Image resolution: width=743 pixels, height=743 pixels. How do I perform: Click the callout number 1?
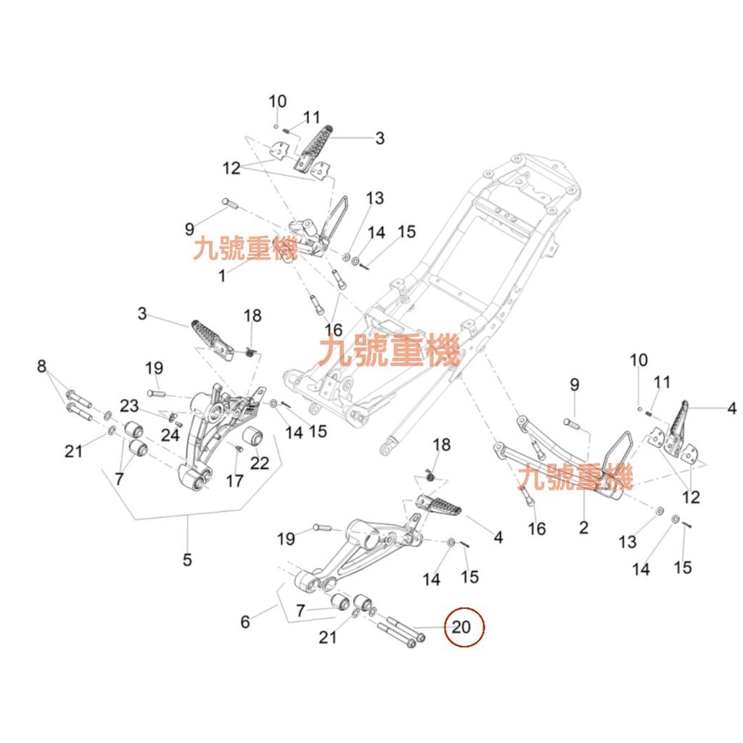tap(223, 276)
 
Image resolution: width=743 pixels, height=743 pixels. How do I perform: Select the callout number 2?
tap(584, 528)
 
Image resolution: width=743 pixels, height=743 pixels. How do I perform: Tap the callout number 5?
tap(187, 559)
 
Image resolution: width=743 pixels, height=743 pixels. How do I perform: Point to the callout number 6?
tap(245, 621)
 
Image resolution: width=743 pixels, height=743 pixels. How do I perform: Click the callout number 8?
tap(41, 366)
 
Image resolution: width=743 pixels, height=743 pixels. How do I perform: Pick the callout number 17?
tap(234, 480)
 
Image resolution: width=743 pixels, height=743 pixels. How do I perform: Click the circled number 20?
tap(462, 627)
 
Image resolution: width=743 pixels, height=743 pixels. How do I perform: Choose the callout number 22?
tap(260, 462)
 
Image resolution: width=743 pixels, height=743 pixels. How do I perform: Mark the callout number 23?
tap(129, 406)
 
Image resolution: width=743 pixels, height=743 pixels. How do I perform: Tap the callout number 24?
tap(170, 435)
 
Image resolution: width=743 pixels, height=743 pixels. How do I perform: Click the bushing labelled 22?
tap(254, 437)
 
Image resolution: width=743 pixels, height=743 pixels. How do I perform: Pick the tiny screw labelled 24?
tap(179, 424)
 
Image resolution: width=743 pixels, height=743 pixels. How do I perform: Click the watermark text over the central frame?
tap(390, 353)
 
